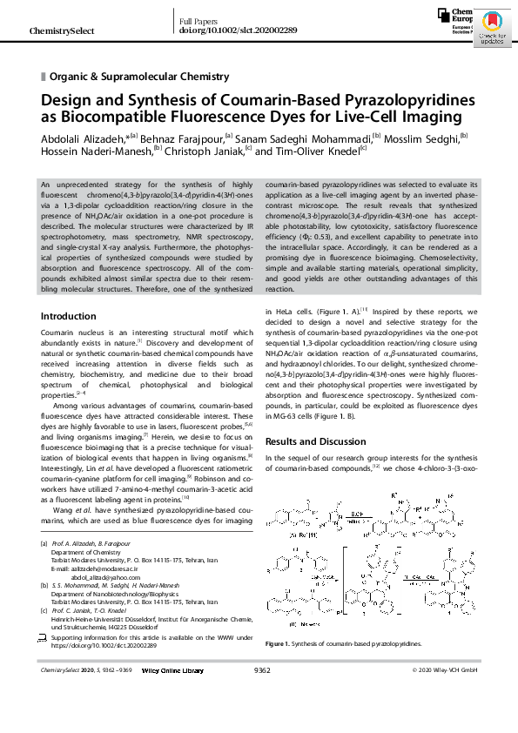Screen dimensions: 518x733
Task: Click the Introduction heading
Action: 69,316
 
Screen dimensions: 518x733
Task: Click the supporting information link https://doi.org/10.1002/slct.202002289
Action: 108,646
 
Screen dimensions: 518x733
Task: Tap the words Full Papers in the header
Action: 198,20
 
